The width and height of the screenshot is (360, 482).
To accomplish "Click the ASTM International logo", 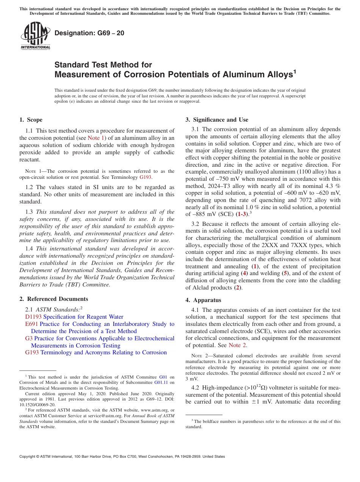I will [35, 36].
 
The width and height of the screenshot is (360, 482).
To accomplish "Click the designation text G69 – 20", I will [89, 33].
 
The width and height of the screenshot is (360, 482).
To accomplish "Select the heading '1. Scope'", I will [31, 120].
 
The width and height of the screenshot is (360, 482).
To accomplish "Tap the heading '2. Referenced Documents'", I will [54, 299].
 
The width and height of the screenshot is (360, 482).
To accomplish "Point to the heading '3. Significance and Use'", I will [217, 120].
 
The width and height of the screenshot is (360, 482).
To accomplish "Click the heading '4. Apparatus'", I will [203, 300].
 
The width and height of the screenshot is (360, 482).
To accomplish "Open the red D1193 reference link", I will [33, 317].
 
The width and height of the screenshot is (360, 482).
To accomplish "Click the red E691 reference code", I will [31, 324].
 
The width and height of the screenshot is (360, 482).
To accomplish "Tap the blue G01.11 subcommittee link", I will [161, 382].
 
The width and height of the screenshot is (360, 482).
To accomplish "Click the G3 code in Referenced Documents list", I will [29, 338].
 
